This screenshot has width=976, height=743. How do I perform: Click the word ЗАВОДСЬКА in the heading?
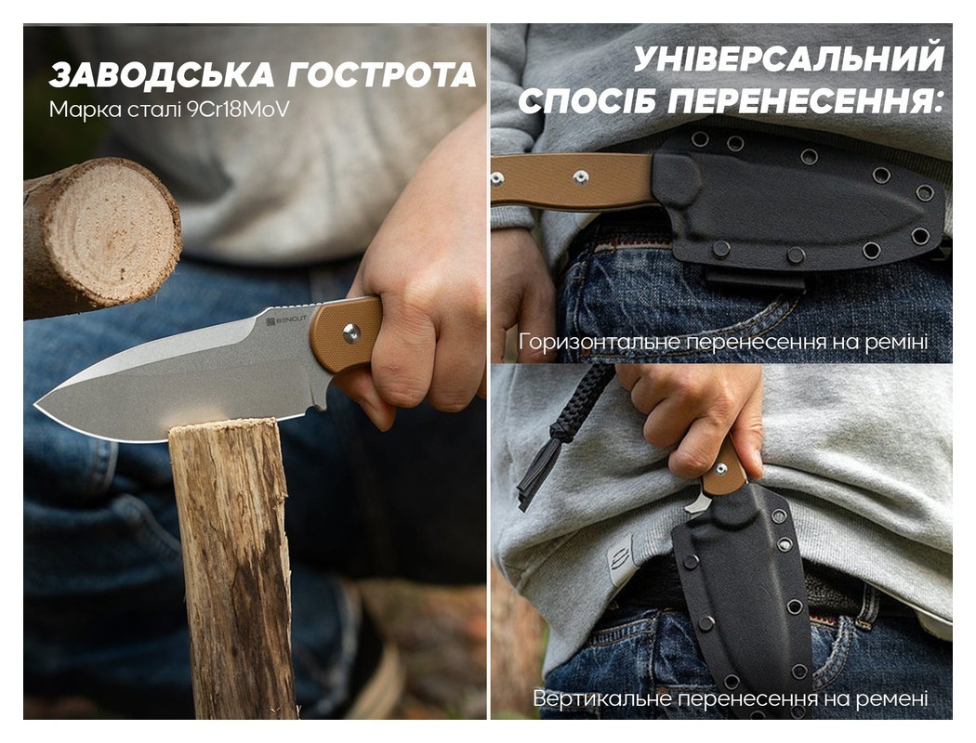pos(162,75)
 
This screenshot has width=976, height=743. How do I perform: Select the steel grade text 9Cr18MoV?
pos(238,110)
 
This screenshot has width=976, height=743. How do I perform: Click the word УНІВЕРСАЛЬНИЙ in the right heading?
pos(788,59)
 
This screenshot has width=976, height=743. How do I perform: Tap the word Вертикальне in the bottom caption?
pos(602,698)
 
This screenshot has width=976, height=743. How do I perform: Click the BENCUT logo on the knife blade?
pos(286,320)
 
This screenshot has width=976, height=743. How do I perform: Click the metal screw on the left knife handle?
pos(351,333)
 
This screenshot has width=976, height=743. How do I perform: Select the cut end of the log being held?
pos(117,229)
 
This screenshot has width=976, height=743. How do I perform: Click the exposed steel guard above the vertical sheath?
pos(698,502)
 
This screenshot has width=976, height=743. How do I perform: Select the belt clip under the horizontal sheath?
pos(756,280)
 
